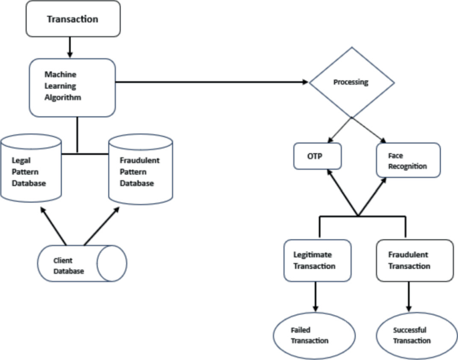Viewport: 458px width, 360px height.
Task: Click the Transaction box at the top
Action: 72,19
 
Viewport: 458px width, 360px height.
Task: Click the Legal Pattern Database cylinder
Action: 32,170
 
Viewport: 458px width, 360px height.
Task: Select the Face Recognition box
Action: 408,160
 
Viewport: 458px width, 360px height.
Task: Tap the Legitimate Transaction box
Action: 318,260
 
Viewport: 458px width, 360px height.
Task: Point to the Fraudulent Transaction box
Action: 409,260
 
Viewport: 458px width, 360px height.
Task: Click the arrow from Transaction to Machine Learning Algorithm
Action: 70,47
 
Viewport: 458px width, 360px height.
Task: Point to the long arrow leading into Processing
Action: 214,82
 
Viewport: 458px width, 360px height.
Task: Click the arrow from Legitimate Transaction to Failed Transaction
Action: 316,296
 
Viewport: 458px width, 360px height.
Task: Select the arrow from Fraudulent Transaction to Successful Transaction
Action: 408,296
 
